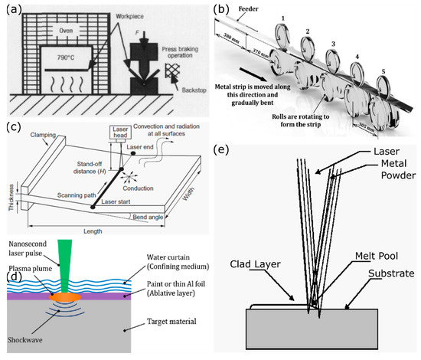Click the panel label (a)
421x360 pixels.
click(x=17, y=10)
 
